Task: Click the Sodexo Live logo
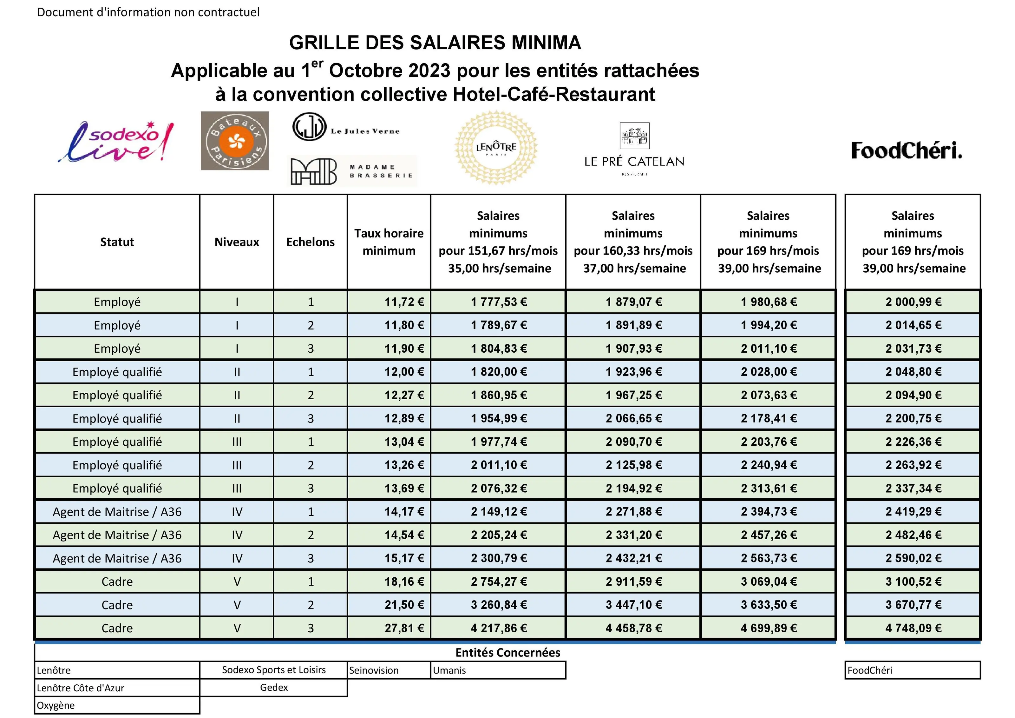[116, 142]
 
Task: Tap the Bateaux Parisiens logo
[235, 141]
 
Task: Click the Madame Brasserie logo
[352, 171]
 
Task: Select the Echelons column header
[310, 242]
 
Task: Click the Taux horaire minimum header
[389, 242]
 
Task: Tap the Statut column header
[117, 242]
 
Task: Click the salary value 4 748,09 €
[913, 628]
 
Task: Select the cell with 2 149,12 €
[499, 512]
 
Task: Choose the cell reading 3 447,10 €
[633, 605]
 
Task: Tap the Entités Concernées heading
[507, 653]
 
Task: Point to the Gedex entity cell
[274, 688]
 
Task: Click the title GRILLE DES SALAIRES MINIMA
[435, 43]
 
